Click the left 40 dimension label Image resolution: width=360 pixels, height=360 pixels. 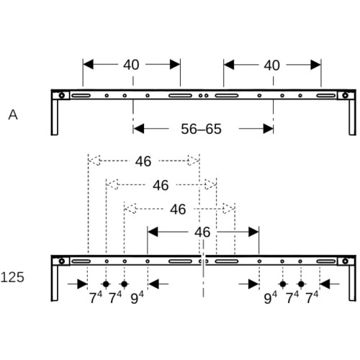(x=131, y=65)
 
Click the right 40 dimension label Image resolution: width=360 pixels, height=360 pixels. (x=272, y=66)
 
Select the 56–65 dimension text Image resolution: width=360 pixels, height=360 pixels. (x=201, y=129)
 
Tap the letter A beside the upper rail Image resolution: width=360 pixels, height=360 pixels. (x=13, y=114)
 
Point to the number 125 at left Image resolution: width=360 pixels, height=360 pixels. (x=12, y=277)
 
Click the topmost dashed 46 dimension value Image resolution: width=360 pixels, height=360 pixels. (x=143, y=161)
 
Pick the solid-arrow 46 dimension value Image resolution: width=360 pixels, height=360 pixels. (x=202, y=233)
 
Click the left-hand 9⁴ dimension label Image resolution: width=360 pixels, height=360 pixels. (x=137, y=297)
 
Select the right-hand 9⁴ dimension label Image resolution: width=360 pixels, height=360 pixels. (x=271, y=297)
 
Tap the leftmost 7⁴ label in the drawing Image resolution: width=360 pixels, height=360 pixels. (x=96, y=297)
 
